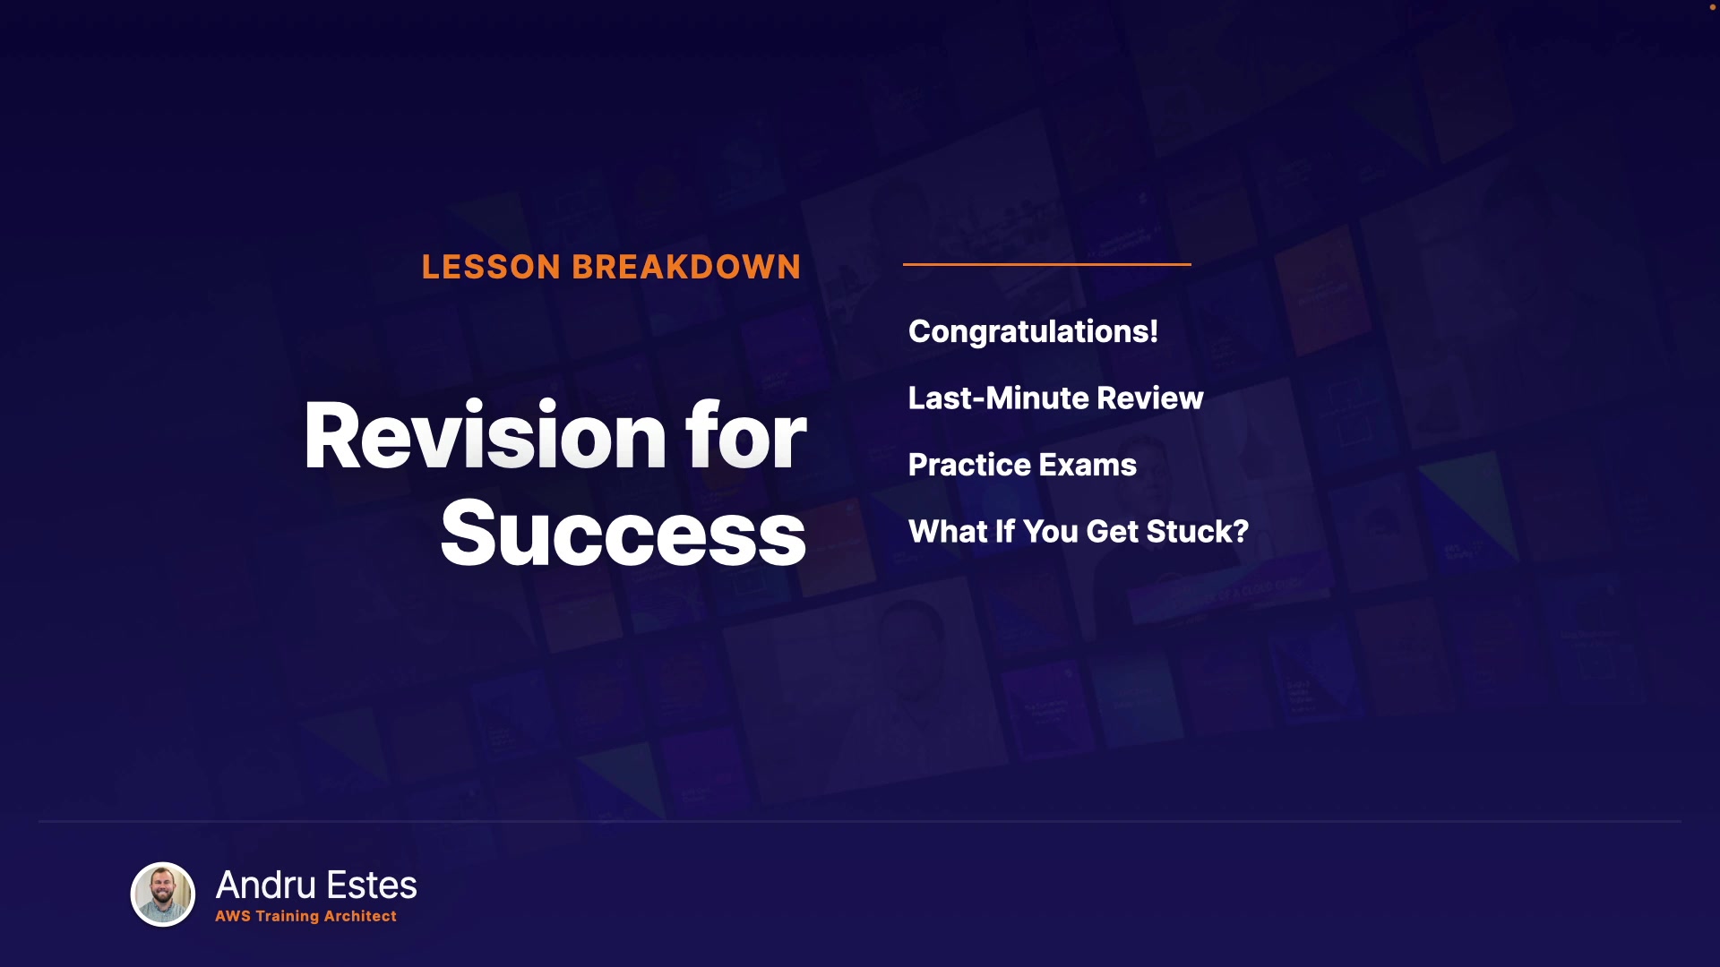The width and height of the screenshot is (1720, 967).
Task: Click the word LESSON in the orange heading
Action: (491, 267)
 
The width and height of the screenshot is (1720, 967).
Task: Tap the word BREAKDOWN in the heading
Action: (686, 267)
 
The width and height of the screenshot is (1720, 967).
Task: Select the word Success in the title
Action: (623, 534)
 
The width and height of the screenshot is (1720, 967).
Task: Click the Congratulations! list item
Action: (1033, 331)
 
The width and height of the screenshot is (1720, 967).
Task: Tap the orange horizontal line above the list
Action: (1047, 264)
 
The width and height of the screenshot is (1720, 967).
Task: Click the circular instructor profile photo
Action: (163, 894)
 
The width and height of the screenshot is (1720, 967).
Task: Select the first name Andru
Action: (266, 885)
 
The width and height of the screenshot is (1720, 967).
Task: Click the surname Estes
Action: (372, 885)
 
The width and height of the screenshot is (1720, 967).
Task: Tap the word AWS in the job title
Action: (233, 916)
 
